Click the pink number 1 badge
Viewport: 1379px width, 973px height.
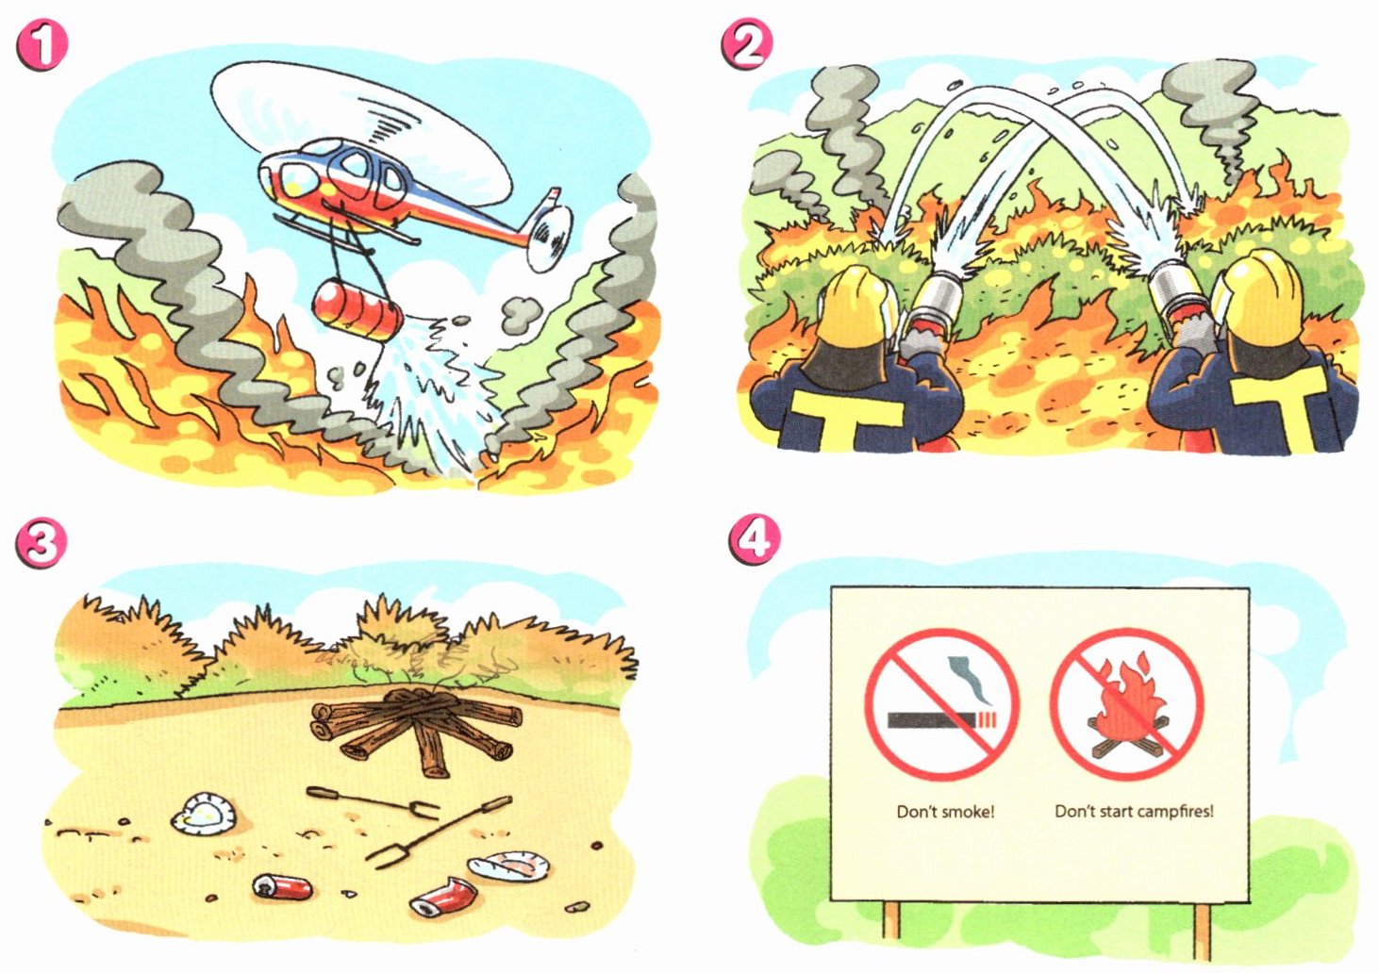click(x=42, y=47)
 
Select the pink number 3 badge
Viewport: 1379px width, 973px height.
click(x=41, y=543)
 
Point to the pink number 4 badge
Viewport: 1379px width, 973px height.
click(x=756, y=540)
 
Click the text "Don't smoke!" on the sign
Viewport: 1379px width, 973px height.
click(x=945, y=812)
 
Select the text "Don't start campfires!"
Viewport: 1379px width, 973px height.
click(x=1134, y=811)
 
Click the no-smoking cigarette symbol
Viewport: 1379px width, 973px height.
click(x=942, y=704)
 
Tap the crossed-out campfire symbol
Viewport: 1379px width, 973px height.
click(x=1126, y=704)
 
